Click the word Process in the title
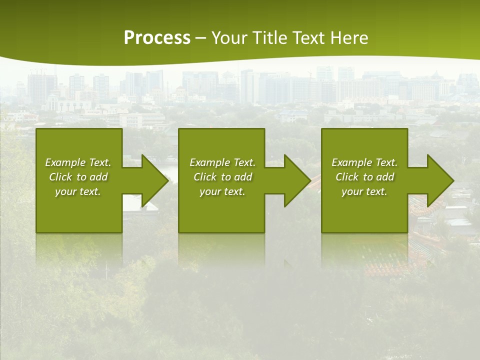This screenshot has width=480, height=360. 157,38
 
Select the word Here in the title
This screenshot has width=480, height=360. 349,38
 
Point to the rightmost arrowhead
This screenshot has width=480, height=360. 439,180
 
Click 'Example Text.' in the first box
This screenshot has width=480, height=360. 78,162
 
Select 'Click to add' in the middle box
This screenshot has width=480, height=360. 223,177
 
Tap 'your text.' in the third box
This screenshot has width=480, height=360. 364,191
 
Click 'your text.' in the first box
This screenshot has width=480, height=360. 78,191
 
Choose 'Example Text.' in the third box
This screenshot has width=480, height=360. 364,162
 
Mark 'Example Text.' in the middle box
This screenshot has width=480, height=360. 222,162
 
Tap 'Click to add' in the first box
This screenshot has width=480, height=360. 78,177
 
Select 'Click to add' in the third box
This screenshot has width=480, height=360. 365,177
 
